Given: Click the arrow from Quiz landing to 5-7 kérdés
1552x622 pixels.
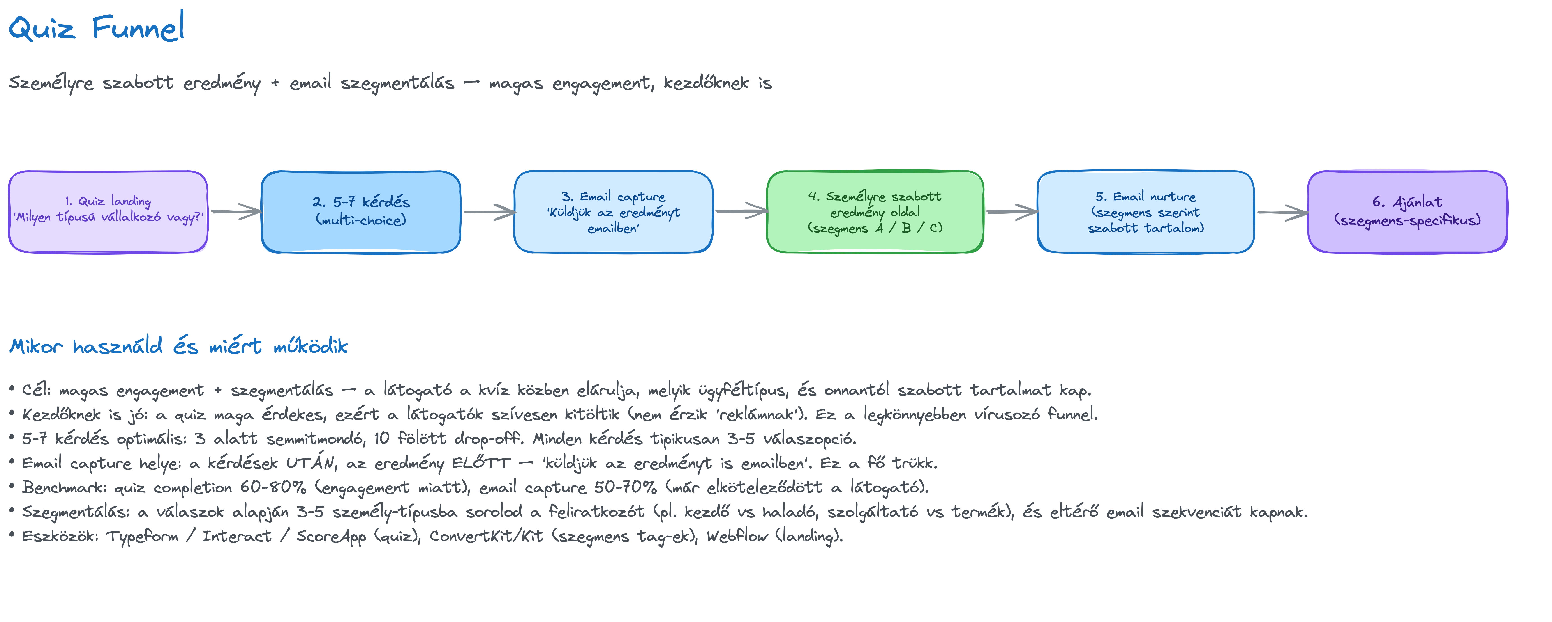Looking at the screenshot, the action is click(x=236, y=211).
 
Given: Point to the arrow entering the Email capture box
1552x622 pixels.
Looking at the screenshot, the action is click(x=489, y=211).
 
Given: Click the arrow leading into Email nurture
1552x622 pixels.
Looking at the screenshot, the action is click(x=1012, y=211).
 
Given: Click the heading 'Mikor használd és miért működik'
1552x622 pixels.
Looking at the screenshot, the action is click(x=178, y=346).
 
